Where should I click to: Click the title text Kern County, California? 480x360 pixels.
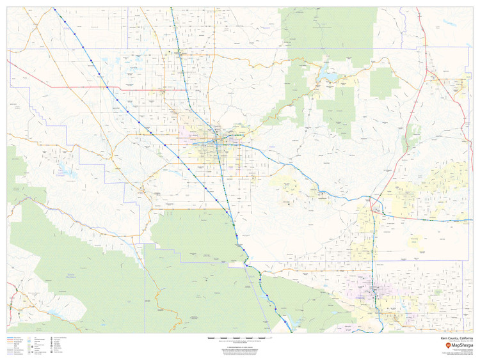457,337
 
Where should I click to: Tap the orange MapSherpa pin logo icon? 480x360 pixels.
448,345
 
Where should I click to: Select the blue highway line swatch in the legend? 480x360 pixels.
13,337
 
